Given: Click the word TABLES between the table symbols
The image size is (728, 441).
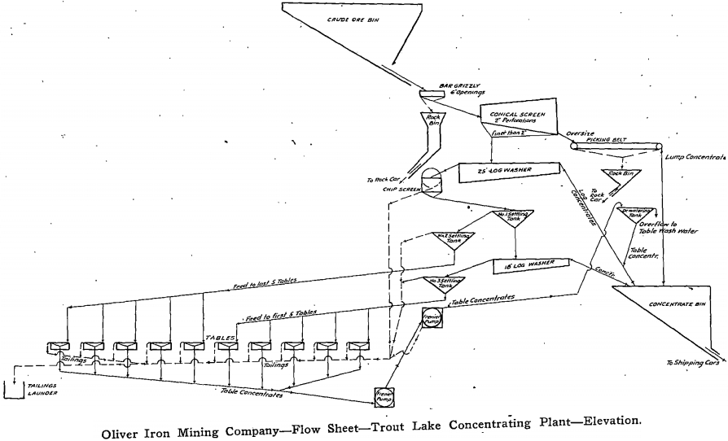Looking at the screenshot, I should tap(221, 336).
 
